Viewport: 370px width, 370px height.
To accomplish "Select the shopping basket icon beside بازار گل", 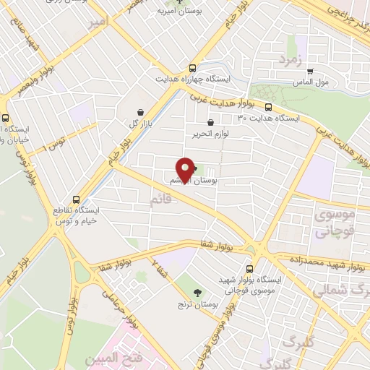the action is click(x=139, y=111).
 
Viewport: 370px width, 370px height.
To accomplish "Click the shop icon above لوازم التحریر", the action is click(x=210, y=122).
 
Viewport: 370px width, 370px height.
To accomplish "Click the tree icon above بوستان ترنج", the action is click(x=197, y=292).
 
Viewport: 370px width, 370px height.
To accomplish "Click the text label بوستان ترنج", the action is click(x=198, y=304).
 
